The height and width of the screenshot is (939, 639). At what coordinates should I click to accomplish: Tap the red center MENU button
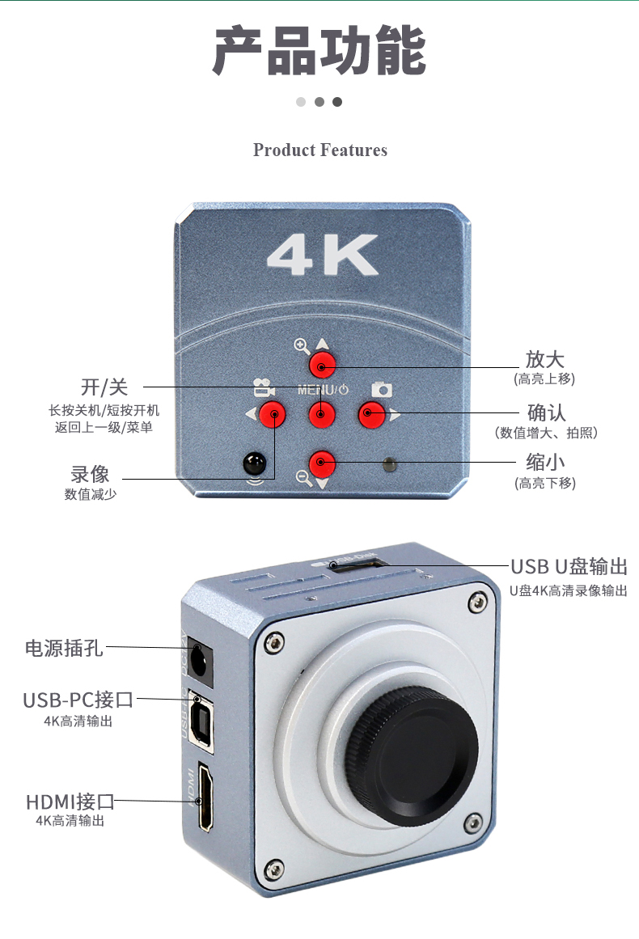pyautogui.click(x=322, y=414)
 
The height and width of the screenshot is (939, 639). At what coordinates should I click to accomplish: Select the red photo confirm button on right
pyautogui.click(x=371, y=414)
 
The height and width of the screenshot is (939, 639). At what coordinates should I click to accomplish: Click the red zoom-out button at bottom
pyautogui.click(x=322, y=463)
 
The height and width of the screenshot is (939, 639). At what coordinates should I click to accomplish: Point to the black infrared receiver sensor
pyautogui.click(x=255, y=463)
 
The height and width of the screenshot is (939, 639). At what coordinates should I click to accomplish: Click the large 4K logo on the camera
pyautogui.click(x=323, y=255)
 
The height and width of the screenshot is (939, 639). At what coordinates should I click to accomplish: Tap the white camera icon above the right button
pyautogui.click(x=382, y=390)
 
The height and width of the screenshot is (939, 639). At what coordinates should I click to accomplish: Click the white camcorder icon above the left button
pyautogui.click(x=264, y=387)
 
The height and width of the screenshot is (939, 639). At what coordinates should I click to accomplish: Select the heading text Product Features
pyautogui.click(x=320, y=150)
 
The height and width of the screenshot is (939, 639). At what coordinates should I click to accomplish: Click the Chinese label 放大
pyautogui.click(x=545, y=359)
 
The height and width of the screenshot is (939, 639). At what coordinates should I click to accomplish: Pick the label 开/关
pyautogui.click(x=104, y=387)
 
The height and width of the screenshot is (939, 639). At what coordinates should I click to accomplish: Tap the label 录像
pyautogui.click(x=90, y=474)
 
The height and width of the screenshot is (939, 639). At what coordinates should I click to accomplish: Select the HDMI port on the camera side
pyautogui.click(x=205, y=797)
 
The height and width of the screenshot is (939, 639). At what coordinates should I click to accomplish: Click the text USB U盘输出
pyautogui.click(x=569, y=566)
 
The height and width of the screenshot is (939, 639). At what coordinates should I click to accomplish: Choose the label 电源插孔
pyautogui.click(x=64, y=648)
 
